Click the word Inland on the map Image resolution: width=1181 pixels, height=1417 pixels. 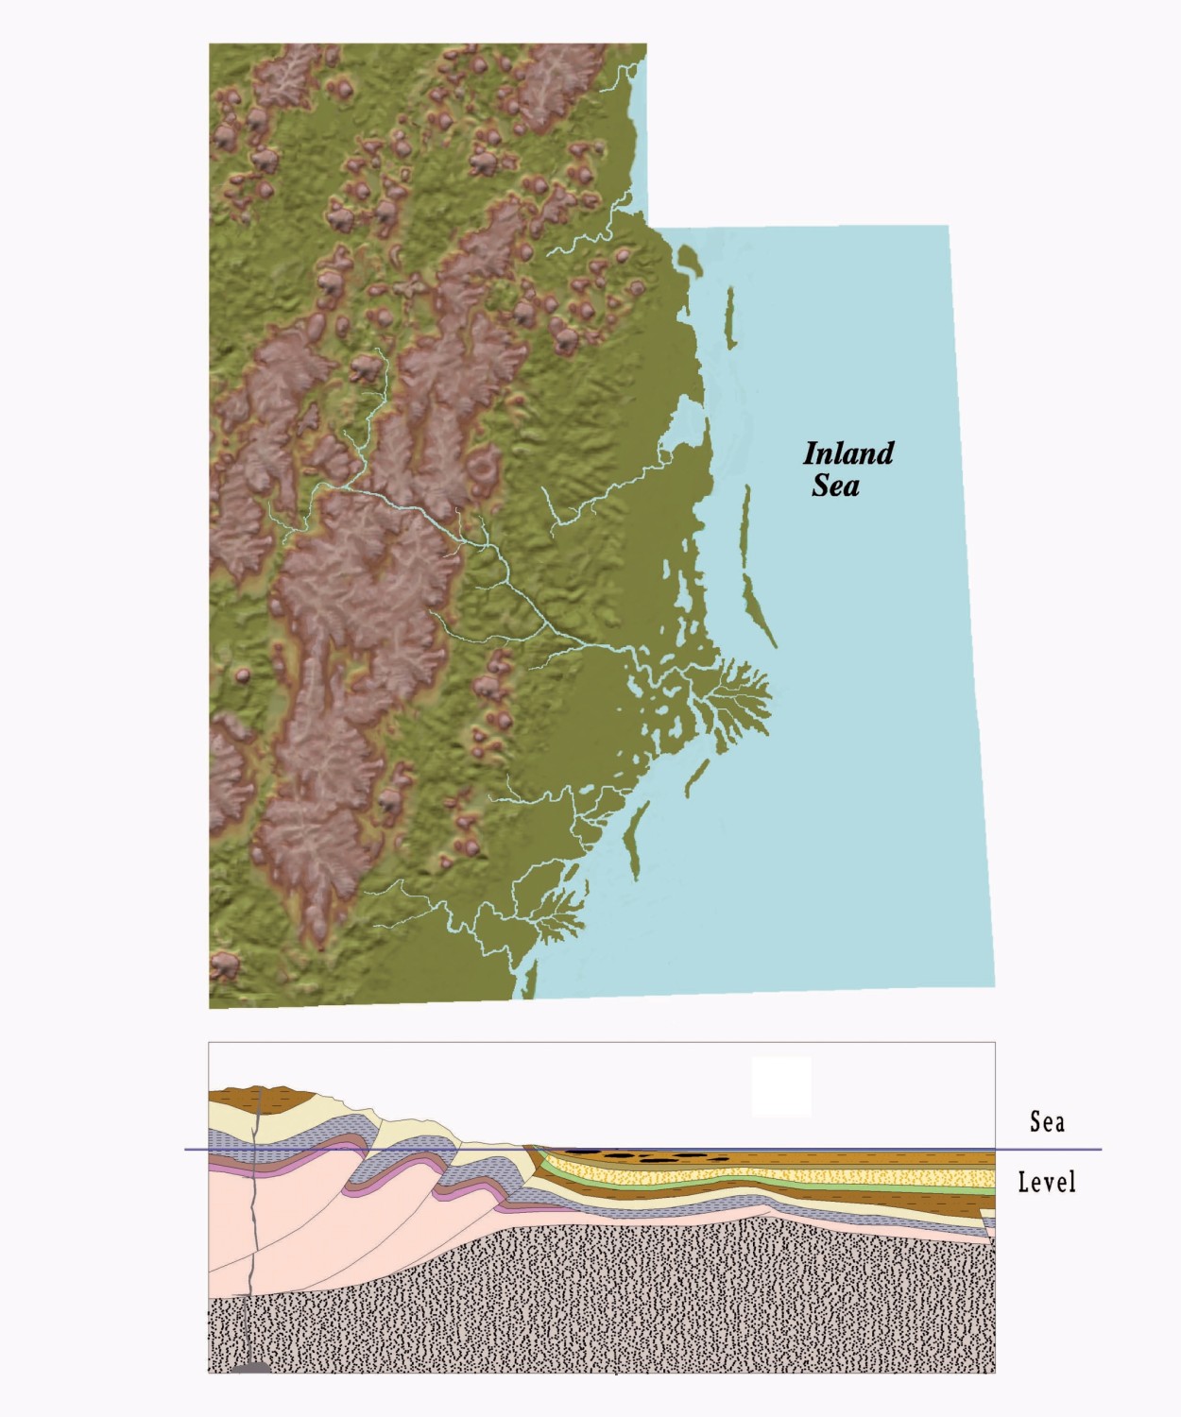[x=847, y=454]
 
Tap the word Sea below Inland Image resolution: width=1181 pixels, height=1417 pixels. [x=835, y=486]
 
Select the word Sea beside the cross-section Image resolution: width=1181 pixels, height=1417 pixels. [x=1047, y=1122]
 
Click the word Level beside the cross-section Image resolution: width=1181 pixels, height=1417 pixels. [x=1047, y=1182]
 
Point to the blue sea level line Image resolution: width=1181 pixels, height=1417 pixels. [x=1049, y=1150]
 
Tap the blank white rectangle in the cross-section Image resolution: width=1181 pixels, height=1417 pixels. [x=781, y=1086]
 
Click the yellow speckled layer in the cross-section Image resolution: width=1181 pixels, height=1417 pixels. [x=756, y=1177]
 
